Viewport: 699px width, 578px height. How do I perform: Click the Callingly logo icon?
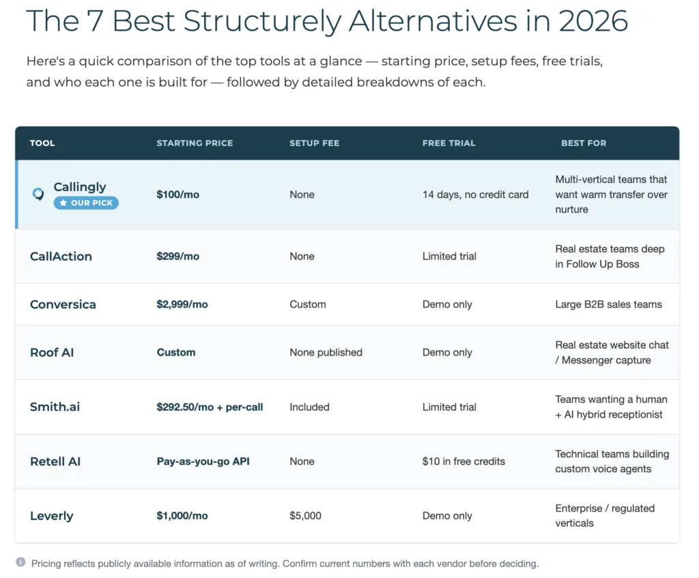coord(38,194)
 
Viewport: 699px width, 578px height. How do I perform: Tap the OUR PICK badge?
coord(86,203)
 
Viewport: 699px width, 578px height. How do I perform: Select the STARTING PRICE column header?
coord(195,143)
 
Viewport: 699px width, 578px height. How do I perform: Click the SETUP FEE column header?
coord(314,143)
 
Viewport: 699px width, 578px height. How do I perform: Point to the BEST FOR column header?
coord(584,143)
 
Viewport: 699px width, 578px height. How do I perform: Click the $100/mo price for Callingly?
coord(178,194)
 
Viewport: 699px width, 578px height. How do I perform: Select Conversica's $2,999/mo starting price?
coord(182,304)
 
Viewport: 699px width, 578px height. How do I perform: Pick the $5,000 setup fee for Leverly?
coord(305,516)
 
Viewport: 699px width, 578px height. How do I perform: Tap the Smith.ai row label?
coord(55,407)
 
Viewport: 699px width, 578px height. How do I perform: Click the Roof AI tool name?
coord(52,353)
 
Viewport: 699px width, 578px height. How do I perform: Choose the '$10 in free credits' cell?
coord(463,461)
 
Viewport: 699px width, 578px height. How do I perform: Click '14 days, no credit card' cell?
coord(476,194)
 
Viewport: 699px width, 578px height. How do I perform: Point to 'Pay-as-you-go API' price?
coord(203,461)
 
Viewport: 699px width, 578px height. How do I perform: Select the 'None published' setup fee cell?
coord(326,353)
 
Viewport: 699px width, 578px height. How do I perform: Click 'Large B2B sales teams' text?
coord(608,304)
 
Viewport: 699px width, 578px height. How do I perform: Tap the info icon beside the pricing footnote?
coord(20,562)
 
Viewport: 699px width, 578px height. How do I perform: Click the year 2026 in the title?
coord(593,20)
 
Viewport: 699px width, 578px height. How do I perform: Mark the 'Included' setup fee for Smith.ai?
coord(309,407)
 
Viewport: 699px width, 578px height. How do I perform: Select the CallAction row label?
coord(61,257)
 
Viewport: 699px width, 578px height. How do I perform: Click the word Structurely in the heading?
coord(262,21)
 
